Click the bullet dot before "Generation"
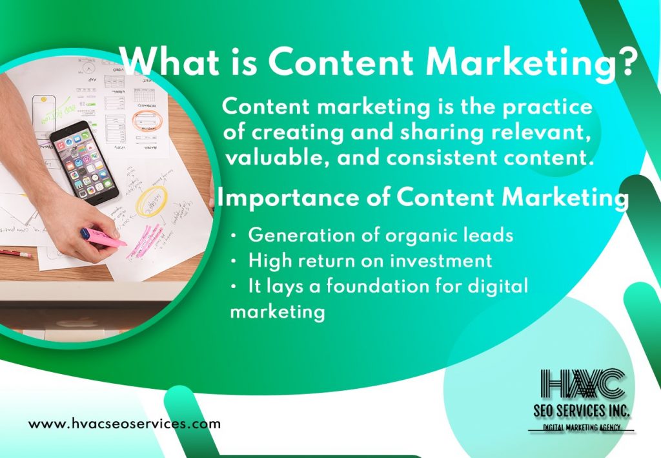(234, 236)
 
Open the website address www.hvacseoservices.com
(125, 423)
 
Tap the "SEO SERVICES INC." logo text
(582, 410)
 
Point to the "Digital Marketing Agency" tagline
(582, 427)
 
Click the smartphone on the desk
(84, 163)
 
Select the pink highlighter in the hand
(103, 238)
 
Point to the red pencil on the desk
(15, 253)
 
